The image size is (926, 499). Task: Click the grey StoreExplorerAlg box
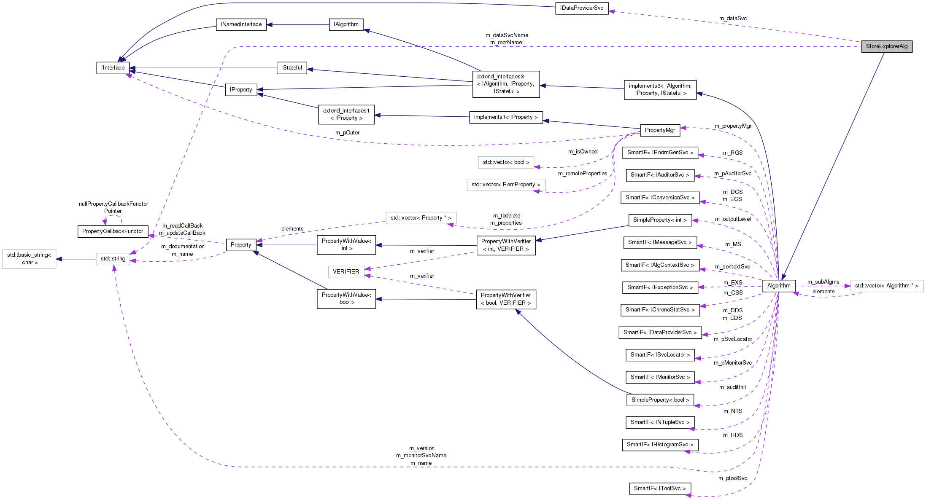tap(887, 46)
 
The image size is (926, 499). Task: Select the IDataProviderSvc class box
tap(582, 8)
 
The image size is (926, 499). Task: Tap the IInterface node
tap(113, 68)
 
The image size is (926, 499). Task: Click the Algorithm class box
tap(779, 286)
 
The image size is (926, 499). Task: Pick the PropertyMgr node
tap(660, 130)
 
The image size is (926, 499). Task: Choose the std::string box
tap(113, 259)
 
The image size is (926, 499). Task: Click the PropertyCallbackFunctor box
tap(113, 231)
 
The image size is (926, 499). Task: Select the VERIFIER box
tap(346, 272)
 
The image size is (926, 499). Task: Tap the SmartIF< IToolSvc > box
tap(660, 488)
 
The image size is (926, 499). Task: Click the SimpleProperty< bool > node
tap(660, 400)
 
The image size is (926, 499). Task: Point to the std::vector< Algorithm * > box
tap(887, 286)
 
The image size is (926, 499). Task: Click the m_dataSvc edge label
tap(733, 19)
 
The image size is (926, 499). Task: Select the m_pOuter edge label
tap(347, 133)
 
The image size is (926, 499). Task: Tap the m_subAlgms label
tap(823, 282)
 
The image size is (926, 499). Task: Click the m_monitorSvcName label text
tap(421, 456)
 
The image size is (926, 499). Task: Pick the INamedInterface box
tap(241, 24)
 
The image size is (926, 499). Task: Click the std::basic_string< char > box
tap(29, 259)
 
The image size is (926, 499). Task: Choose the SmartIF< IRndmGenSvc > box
tap(660, 153)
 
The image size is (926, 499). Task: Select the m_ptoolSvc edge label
tap(733, 478)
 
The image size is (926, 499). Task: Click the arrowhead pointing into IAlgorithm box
tap(367, 30)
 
